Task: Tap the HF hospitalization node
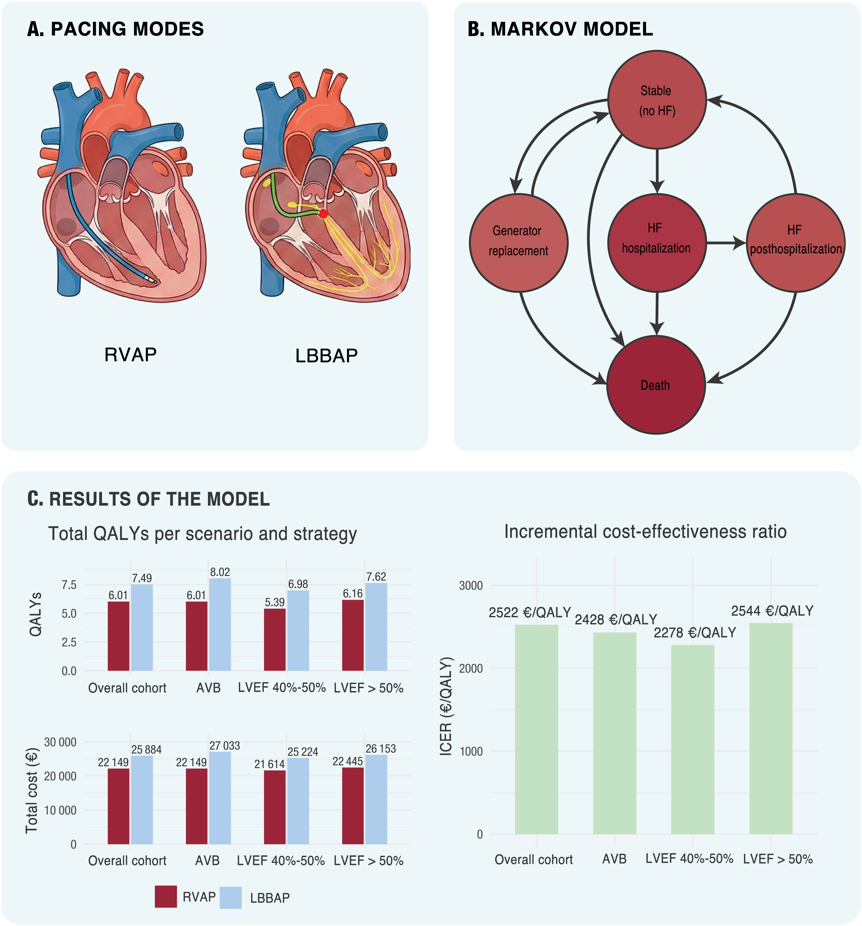pos(657,243)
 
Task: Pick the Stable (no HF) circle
pos(657,100)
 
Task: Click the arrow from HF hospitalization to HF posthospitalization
pos(726,243)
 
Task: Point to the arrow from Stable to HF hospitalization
pos(657,171)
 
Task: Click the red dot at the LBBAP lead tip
pos(323,214)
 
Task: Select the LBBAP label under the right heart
pos(327,356)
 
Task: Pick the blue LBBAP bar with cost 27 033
pos(220,798)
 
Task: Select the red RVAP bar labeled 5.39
pos(275,639)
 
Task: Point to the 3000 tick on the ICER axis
pos(471,585)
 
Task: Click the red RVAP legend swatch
pos(166,897)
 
